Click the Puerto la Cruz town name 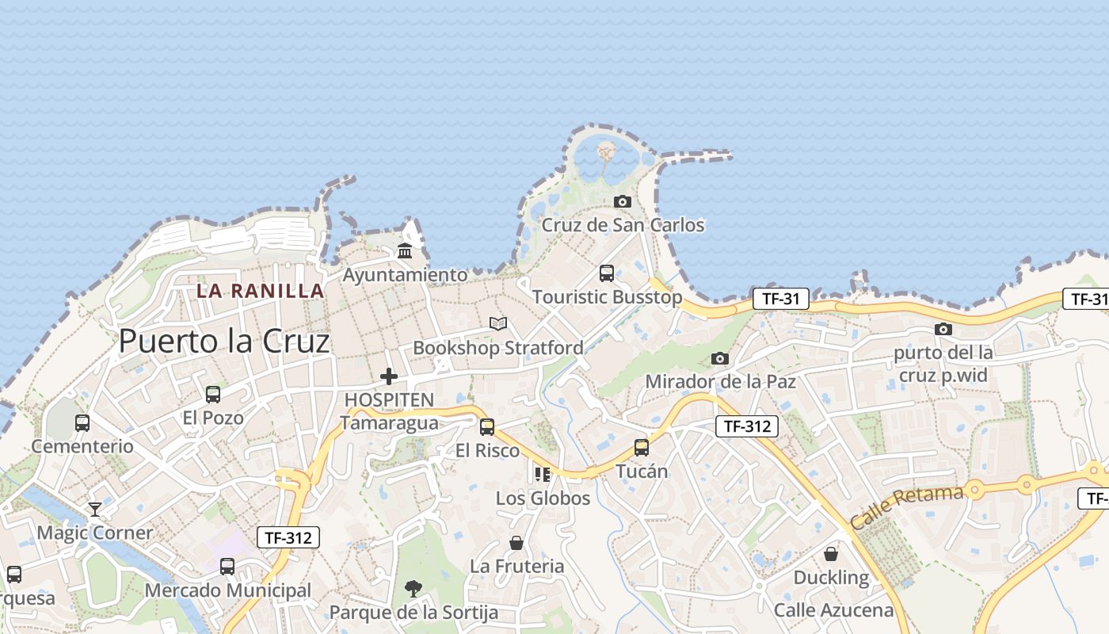point(223,342)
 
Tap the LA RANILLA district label point(261,291)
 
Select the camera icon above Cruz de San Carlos point(623,201)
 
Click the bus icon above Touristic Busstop point(607,273)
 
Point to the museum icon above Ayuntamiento point(405,252)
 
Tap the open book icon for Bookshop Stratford point(498,323)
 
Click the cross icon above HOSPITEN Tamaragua point(389,376)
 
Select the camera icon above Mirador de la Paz point(720,358)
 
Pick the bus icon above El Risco point(487,427)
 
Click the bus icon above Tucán point(642,448)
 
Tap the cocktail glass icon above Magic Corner point(95,509)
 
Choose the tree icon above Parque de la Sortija point(413,588)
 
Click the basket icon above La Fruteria point(516,543)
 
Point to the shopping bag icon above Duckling point(831,553)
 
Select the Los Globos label point(543,498)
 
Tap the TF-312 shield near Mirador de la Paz point(747,426)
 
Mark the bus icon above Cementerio point(82,423)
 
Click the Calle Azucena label point(833,610)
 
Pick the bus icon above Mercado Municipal point(227,567)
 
